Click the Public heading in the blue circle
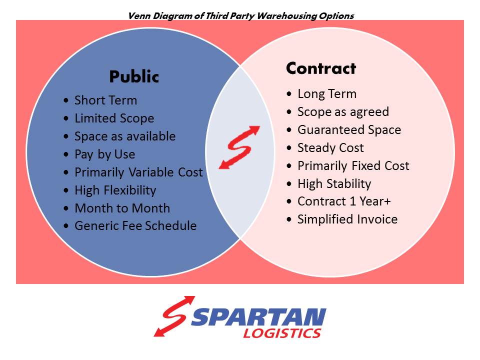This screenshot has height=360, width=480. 134,77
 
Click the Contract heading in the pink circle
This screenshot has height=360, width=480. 320,68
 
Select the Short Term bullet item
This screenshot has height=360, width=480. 105,100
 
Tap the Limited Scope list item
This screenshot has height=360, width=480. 114,118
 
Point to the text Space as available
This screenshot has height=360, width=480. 125,136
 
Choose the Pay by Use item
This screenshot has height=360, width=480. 104,154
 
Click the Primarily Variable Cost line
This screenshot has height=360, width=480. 138,172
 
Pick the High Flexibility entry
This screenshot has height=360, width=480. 115,190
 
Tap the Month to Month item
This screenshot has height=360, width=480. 122,208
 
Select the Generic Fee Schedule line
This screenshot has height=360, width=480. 135,226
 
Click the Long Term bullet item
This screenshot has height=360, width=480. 327,94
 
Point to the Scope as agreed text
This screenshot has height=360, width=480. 343,112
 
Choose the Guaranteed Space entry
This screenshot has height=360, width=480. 349,130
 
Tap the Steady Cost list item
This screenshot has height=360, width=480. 330,148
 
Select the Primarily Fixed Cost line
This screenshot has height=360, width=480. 353,166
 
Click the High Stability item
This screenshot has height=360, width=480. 334,184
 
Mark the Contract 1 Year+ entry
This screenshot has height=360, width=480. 344,201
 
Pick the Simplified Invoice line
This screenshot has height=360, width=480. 347,219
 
